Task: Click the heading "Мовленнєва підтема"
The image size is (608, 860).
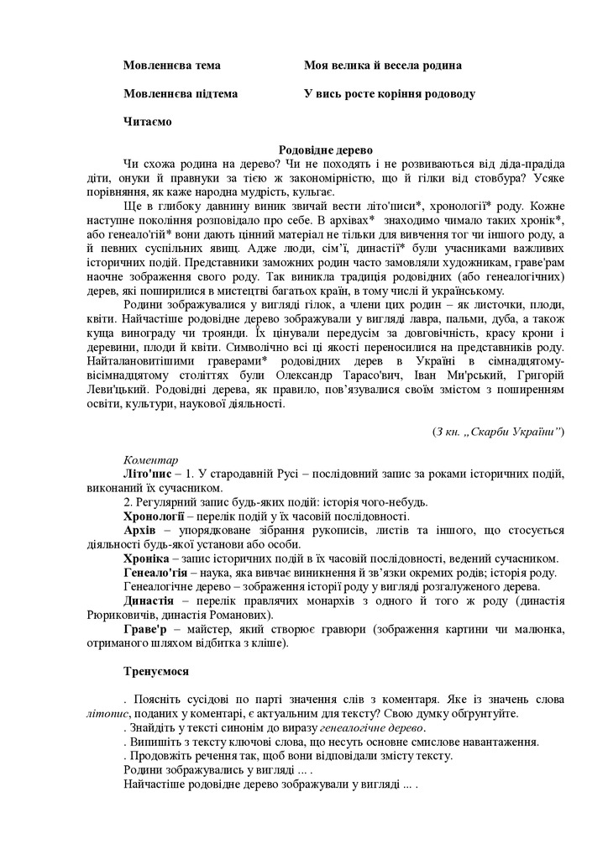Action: coord(180,93)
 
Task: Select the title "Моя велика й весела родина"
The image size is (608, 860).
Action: coord(383,65)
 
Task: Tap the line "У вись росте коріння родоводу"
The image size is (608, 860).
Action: coord(390,93)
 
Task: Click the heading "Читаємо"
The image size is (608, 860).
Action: coord(147,122)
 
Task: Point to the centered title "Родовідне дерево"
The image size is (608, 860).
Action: coord(324,149)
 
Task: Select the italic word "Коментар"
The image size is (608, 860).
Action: coord(150,460)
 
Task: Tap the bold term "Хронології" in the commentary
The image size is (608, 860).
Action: coord(154,516)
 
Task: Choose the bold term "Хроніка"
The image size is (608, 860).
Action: coord(148,558)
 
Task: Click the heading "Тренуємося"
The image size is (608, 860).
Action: coord(155,671)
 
